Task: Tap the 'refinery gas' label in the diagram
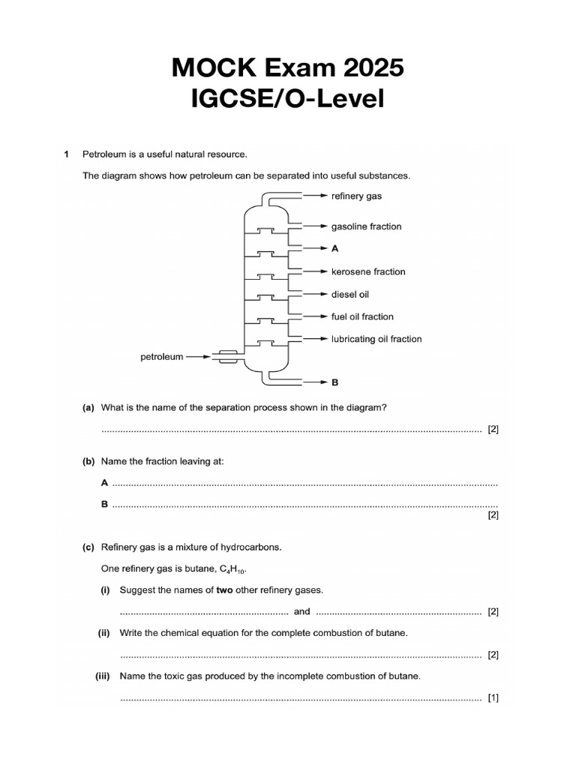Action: [x=356, y=196]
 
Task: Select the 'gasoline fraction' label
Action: [x=366, y=226]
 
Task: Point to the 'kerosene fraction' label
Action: [x=368, y=271]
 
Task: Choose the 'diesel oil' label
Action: [x=350, y=294]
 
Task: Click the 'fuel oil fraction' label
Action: [x=362, y=316]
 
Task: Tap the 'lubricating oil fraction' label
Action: [x=376, y=339]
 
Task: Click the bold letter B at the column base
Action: [x=334, y=382]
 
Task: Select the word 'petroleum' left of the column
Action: [x=161, y=357]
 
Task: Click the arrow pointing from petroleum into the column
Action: [x=197, y=357]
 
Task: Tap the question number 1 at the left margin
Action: [x=67, y=154]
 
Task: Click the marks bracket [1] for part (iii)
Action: [x=493, y=697]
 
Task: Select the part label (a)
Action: [x=88, y=407]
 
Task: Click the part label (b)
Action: [x=88, y=462]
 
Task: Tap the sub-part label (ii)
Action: [x=104, y=633]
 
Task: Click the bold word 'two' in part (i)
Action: [x=224, y=590]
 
